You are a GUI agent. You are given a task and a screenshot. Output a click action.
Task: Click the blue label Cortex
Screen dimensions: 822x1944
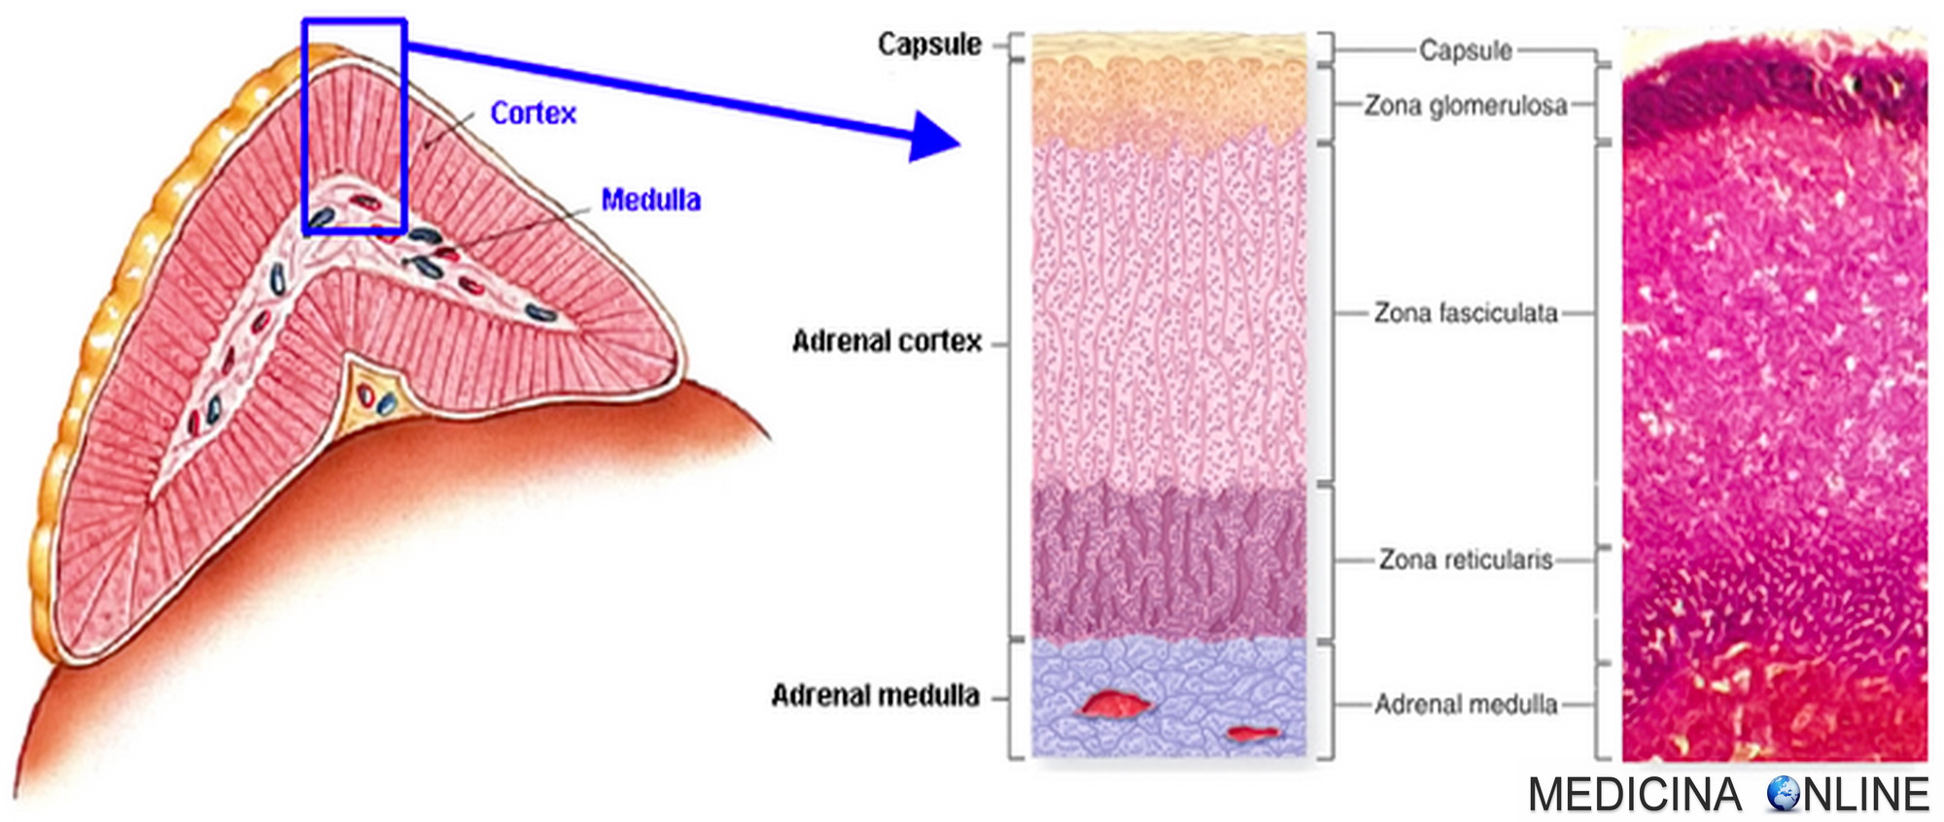pos(533,114)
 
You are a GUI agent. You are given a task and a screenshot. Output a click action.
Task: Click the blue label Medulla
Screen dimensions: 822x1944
pos(650,200)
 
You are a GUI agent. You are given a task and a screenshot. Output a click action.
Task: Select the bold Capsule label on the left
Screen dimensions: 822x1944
pos(929,45)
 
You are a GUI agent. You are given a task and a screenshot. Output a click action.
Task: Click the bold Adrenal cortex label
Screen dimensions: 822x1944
pos(886,342)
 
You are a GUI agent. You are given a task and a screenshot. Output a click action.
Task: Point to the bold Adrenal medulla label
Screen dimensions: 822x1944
pos(875,696)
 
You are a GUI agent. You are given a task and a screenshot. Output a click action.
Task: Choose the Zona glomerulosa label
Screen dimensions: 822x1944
pos(1465,105)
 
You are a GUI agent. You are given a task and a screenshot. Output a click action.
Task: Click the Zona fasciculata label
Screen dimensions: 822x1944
pos(1465,313)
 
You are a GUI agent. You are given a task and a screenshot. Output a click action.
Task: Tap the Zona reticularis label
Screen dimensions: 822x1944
pos(1465,560)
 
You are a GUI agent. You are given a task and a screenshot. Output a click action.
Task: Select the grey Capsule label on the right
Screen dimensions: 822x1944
pos(1465,51)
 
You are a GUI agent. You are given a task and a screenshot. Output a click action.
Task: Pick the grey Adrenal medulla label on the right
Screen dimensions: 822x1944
pos(1465,704)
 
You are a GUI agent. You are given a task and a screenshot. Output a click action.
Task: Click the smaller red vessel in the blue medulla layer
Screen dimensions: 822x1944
pos(1254,733)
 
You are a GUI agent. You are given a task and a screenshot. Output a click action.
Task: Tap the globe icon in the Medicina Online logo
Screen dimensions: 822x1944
pos(1783,794)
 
